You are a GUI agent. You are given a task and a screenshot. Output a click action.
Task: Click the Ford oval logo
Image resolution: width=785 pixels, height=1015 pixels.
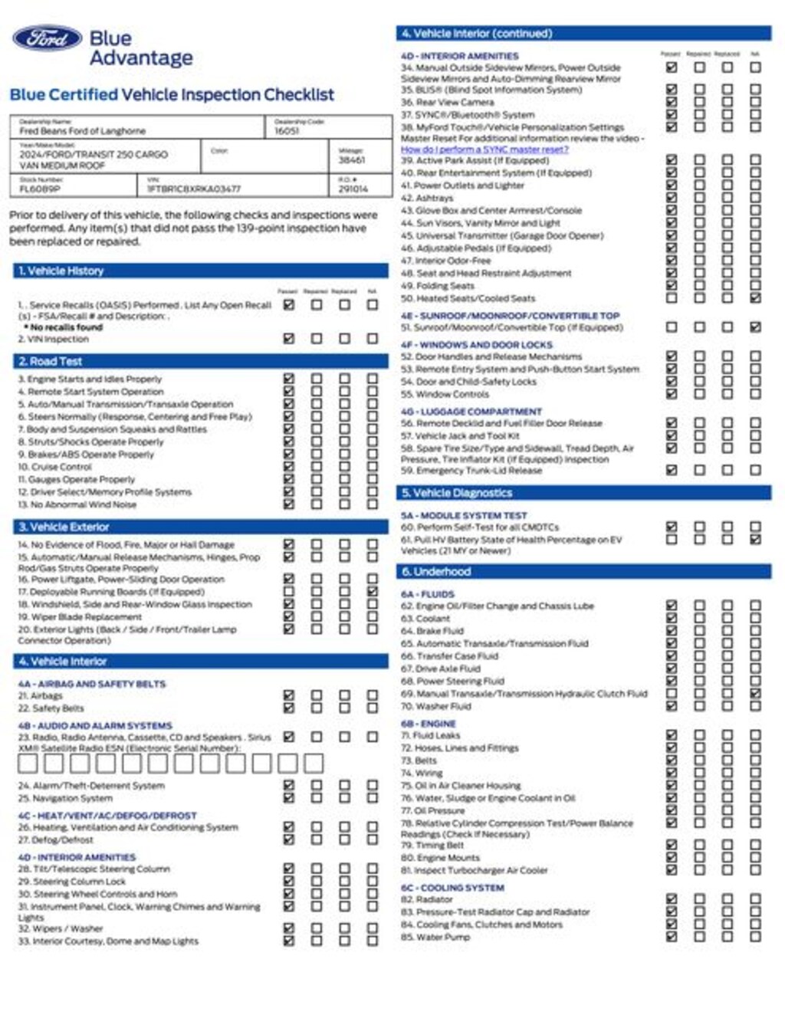coord(47,38)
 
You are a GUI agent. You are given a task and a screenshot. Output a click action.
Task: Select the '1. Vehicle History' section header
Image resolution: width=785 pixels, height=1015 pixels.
coord(61,271)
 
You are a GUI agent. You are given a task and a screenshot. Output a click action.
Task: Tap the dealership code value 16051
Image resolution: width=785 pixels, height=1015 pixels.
coord(287,131)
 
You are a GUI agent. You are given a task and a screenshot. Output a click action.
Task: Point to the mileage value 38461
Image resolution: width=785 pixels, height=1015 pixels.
coord(352,160)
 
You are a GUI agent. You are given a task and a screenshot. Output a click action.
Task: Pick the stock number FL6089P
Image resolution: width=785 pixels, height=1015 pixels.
coord(40,189)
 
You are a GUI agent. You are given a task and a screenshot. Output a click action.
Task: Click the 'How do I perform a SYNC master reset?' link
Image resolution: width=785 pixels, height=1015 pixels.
coord(484,149)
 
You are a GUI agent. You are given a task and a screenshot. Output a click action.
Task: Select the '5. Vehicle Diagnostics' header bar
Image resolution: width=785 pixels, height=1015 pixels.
coord(457,493)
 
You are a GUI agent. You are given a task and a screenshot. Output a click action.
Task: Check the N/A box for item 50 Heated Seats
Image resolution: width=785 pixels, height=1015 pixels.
coord(755,297)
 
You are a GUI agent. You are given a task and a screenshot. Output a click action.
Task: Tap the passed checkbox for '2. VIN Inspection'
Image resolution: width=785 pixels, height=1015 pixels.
coord(289,338)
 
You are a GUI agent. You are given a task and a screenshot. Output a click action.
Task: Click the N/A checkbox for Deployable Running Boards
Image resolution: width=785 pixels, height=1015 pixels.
coord(372,591)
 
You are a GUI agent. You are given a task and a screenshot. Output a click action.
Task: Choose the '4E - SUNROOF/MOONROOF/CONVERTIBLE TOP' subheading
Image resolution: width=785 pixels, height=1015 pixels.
coord(510,315)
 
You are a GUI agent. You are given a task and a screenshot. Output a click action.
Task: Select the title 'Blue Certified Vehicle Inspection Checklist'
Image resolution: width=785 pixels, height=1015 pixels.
coord(172,95)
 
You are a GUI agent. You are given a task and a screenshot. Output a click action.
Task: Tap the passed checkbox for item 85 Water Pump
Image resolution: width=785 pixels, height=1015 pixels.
coord(672,936)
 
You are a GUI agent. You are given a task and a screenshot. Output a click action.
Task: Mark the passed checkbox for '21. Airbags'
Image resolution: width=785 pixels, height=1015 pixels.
coord(289,695)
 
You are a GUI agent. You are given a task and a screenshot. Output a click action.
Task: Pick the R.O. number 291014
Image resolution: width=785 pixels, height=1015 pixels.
coord(353,189)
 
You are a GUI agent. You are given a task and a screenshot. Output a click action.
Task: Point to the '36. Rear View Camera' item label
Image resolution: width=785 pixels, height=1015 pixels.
coord(448,102)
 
